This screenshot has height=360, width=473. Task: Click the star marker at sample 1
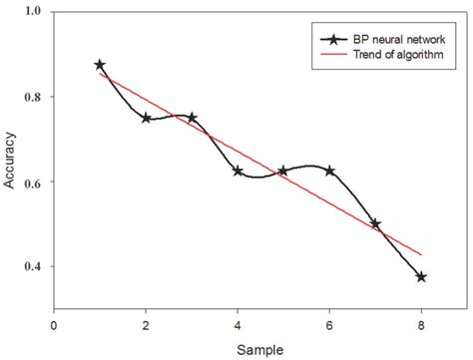tap(100, 65)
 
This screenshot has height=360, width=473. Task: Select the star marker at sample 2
tap(146, 118)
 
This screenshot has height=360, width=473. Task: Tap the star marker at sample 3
tap(192, 118)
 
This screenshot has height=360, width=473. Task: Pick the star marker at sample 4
tap(237, 171)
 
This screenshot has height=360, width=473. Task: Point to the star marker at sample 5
tap(283, 171)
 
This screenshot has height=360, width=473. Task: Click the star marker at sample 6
tap(329, 171)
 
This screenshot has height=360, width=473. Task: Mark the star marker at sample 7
tap(375, 224)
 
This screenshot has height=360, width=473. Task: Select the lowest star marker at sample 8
tap(421, 276)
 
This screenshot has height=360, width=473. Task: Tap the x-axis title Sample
tap(260, 350)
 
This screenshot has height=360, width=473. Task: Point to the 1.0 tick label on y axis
tap(34, 12)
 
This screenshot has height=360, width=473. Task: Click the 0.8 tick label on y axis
tap(34, 97)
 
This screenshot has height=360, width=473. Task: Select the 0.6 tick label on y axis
tap(34, 182)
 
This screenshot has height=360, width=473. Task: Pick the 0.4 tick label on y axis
tap(34, 267)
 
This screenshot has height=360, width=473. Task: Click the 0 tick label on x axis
tap(54, 324)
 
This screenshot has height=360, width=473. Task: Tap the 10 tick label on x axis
tap(467, 324)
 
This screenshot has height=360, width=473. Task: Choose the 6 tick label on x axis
tap(329, 324)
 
